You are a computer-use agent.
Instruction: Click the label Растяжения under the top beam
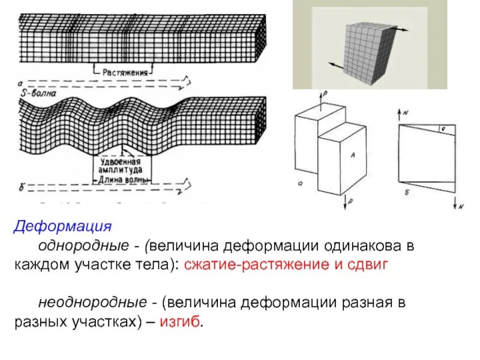[x=125, y=72]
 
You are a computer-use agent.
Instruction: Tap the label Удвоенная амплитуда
[x=121, y=166]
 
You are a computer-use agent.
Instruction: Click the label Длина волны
[x=122, y=178]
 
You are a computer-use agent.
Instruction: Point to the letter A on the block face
[x=353, y=155]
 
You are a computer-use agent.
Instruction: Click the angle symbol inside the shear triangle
[x=442, y=127]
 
